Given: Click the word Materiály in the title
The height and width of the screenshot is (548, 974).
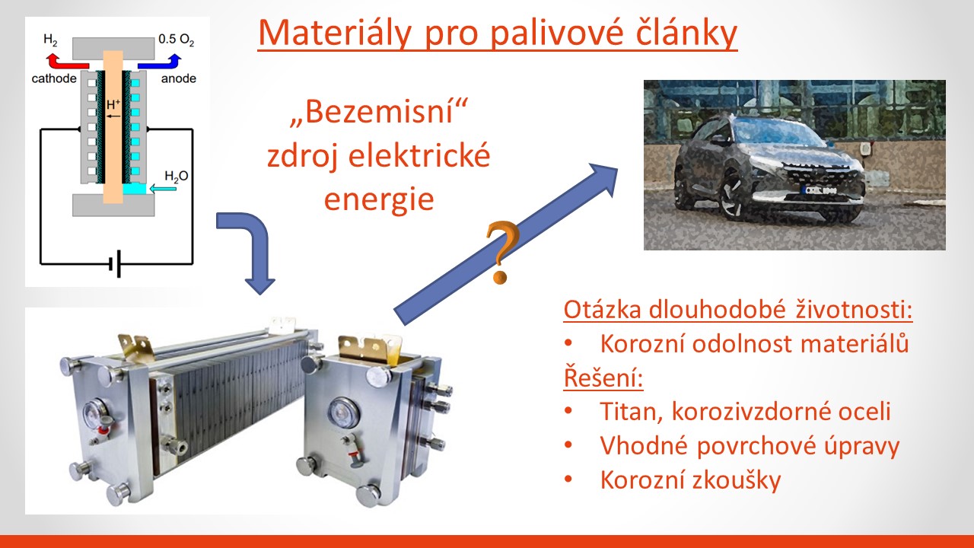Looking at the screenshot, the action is [334, 33].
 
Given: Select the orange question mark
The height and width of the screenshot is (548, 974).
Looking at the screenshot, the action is [502, 252].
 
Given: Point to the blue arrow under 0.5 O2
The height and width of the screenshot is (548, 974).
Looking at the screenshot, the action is [160, 62].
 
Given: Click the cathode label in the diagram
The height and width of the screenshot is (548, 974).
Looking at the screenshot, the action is [54, 78].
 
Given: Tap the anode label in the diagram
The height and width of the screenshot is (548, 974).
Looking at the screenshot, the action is [178, 78].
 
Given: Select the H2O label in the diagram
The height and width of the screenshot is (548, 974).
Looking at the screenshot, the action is [176, 176].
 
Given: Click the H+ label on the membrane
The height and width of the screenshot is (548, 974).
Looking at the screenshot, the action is [113, 104].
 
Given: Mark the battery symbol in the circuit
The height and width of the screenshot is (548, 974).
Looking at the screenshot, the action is [115, 263].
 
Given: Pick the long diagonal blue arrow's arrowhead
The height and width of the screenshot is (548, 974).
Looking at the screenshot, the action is [602, 178].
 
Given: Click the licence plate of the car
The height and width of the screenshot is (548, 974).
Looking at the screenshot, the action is [820, 190].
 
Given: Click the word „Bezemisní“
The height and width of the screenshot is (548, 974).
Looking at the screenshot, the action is [378, 112].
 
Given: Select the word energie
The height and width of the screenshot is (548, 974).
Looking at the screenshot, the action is [379, 199].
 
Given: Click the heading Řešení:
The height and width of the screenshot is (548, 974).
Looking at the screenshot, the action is [603, 378].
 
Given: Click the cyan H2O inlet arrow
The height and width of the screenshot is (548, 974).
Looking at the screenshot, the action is [163, 188].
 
